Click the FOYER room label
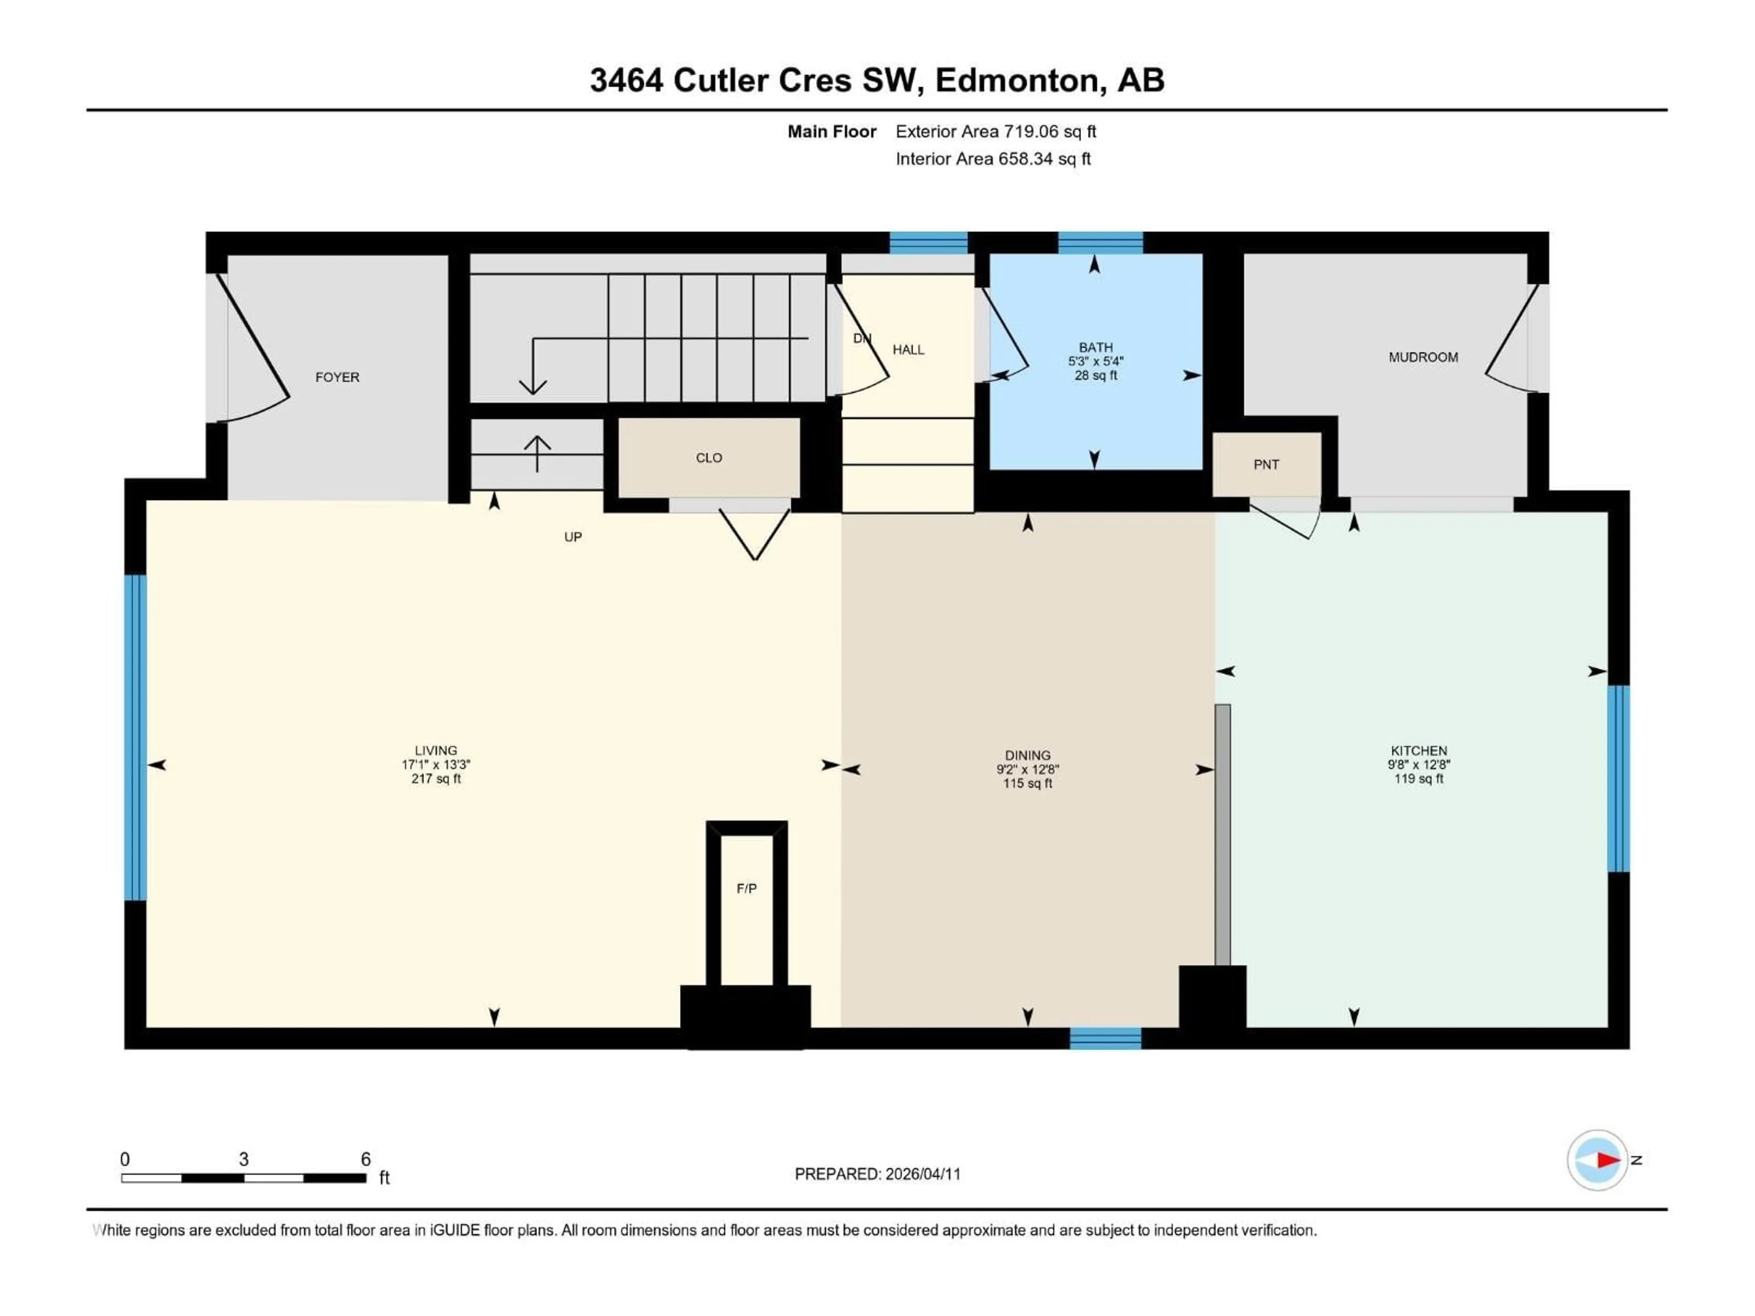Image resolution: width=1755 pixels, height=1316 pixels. tap(337, 377)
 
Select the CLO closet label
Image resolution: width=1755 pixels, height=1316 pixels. tap(708, 458)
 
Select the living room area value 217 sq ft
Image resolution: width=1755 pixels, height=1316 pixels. tap(436, 779)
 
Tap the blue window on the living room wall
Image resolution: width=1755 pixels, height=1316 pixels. tap(136, 738)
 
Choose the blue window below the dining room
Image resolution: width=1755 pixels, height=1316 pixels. tap(1105, 1038)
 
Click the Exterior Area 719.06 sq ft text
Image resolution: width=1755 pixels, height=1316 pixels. tap(996, 132)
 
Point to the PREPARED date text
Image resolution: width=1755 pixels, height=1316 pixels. tap(877, 1174)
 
